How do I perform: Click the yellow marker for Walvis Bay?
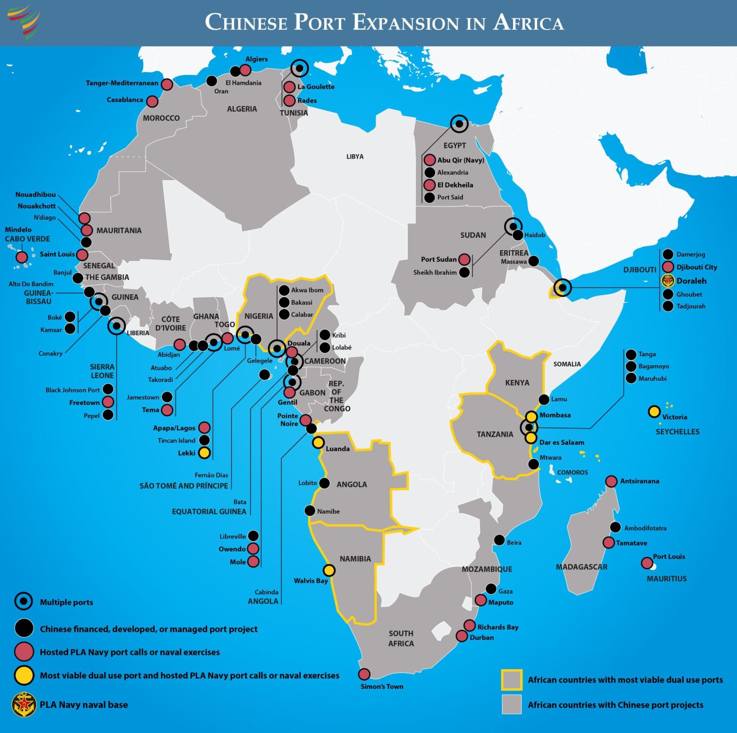(x=329, y=570)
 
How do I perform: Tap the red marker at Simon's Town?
(x=364, y=674)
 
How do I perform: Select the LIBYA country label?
(x=355, y=157)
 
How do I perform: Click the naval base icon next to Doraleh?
(x=668, y=281)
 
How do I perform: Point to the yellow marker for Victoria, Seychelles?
(x=654, y=411)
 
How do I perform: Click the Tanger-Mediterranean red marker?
(x=166, y=84)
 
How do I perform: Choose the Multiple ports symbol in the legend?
(x=24, y=601)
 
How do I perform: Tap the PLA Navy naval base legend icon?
(x=24, y=704)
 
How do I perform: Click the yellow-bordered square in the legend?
(x=511, y=679)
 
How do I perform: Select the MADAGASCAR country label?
(x=582, y=567)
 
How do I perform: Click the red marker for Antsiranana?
(x=611, y=481)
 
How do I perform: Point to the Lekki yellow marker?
(x=204, y=453)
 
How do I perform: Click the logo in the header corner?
(x=24, y=22)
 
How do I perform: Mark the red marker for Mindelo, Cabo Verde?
(x=22, y=257)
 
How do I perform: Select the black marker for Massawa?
(x=533, y=261)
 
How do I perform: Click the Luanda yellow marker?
(x=318, y=442)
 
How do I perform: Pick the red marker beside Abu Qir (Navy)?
(x=429, y=160)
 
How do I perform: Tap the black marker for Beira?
(x=499, y=540)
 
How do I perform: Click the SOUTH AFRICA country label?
(x=401, y=638)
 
